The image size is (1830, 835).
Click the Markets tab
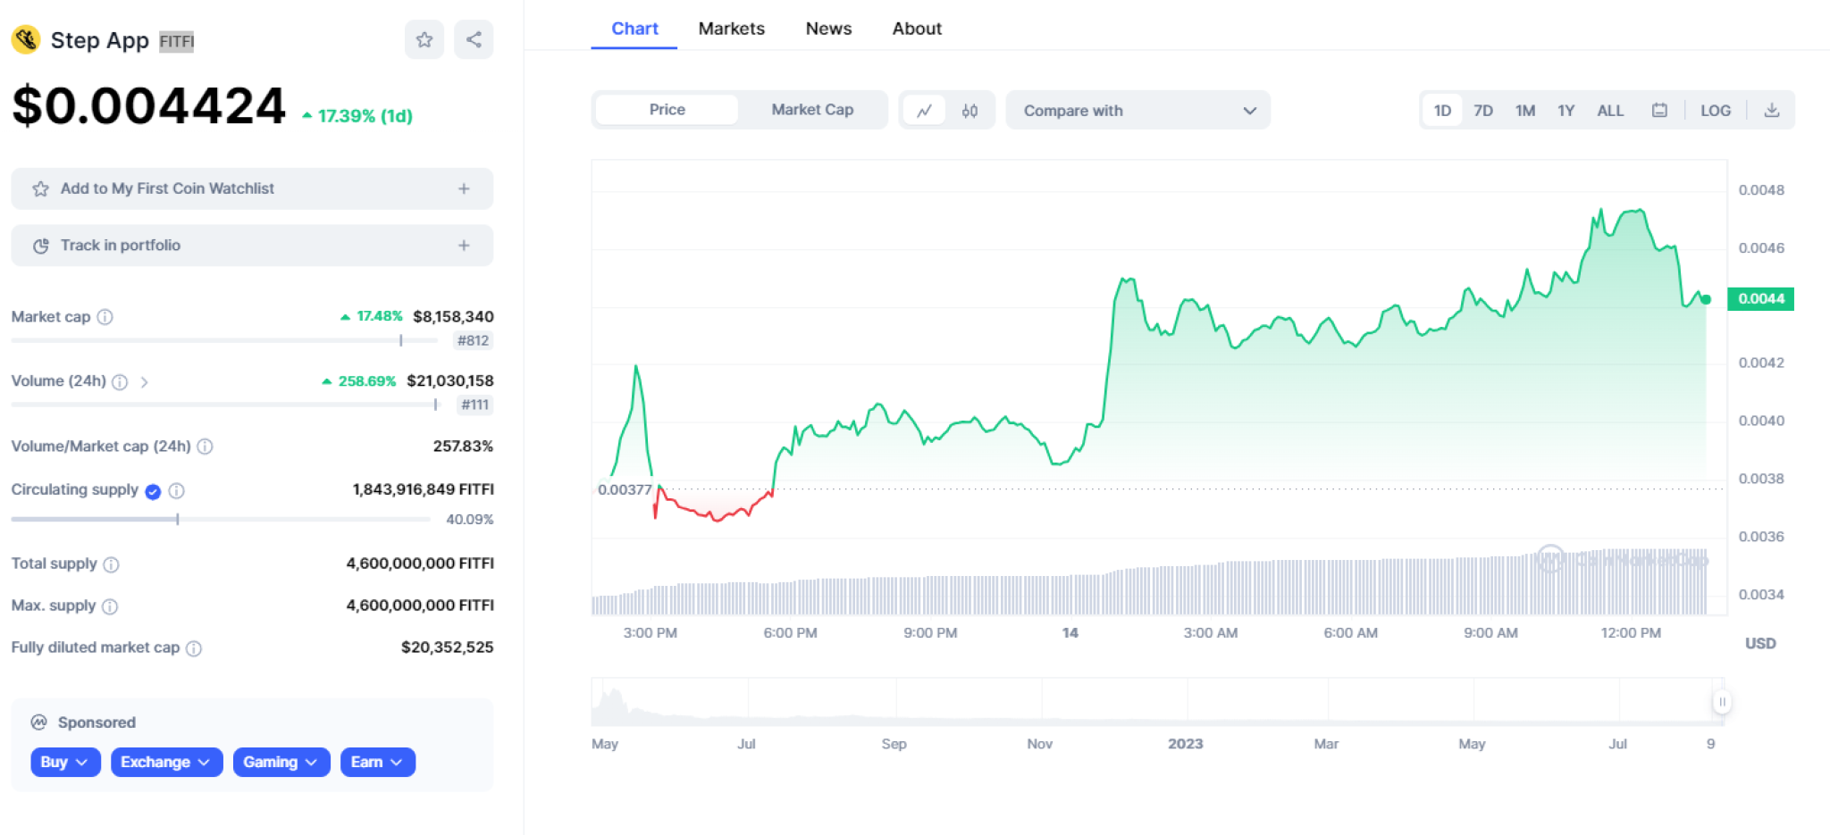731,29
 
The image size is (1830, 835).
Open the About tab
917,29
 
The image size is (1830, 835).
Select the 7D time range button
1483,111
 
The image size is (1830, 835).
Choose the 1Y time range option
1566,111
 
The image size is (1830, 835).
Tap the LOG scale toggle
1715,111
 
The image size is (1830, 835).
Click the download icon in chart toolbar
1772,111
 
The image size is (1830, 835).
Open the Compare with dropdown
1137,111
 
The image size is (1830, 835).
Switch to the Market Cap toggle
812,110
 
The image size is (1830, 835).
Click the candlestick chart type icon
970,111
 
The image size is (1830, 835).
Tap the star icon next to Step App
424,39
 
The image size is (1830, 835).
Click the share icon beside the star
474,39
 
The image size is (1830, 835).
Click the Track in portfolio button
252,246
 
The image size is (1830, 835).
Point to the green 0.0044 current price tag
1760,298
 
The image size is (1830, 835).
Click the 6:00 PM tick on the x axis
790,633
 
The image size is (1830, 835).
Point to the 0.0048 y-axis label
1761,190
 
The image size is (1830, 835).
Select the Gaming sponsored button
281,762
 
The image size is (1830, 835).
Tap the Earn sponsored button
377,762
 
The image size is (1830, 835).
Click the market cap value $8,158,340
453,316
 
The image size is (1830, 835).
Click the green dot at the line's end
1706,299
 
